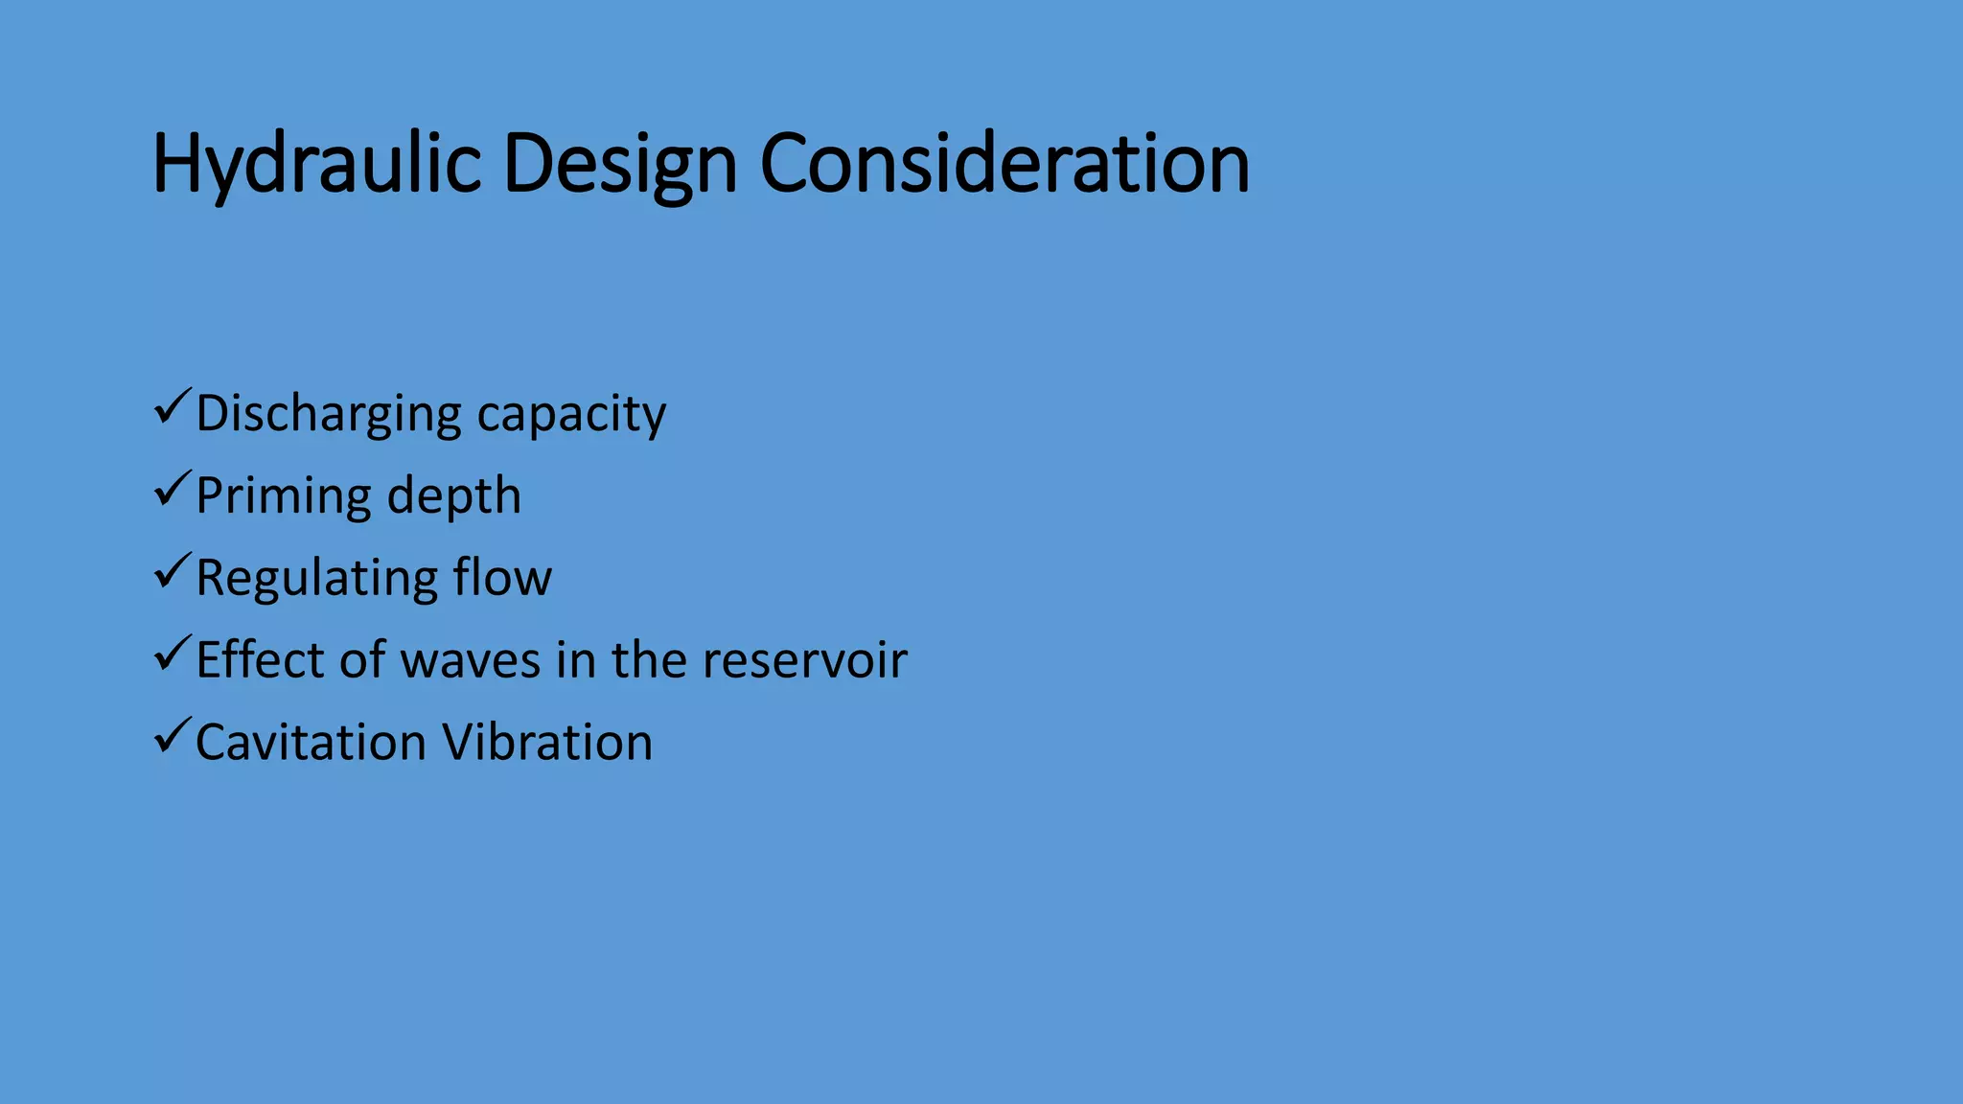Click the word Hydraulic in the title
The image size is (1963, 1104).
coord(316,165)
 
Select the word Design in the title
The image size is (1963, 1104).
coord(619,165)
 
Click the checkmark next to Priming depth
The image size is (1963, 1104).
coord(172,491)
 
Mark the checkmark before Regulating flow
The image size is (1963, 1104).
coord(172,573)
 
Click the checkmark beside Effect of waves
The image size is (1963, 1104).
coord(172,655)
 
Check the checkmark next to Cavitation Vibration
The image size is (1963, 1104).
coord(172,738)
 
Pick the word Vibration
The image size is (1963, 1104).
coord(546,743)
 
